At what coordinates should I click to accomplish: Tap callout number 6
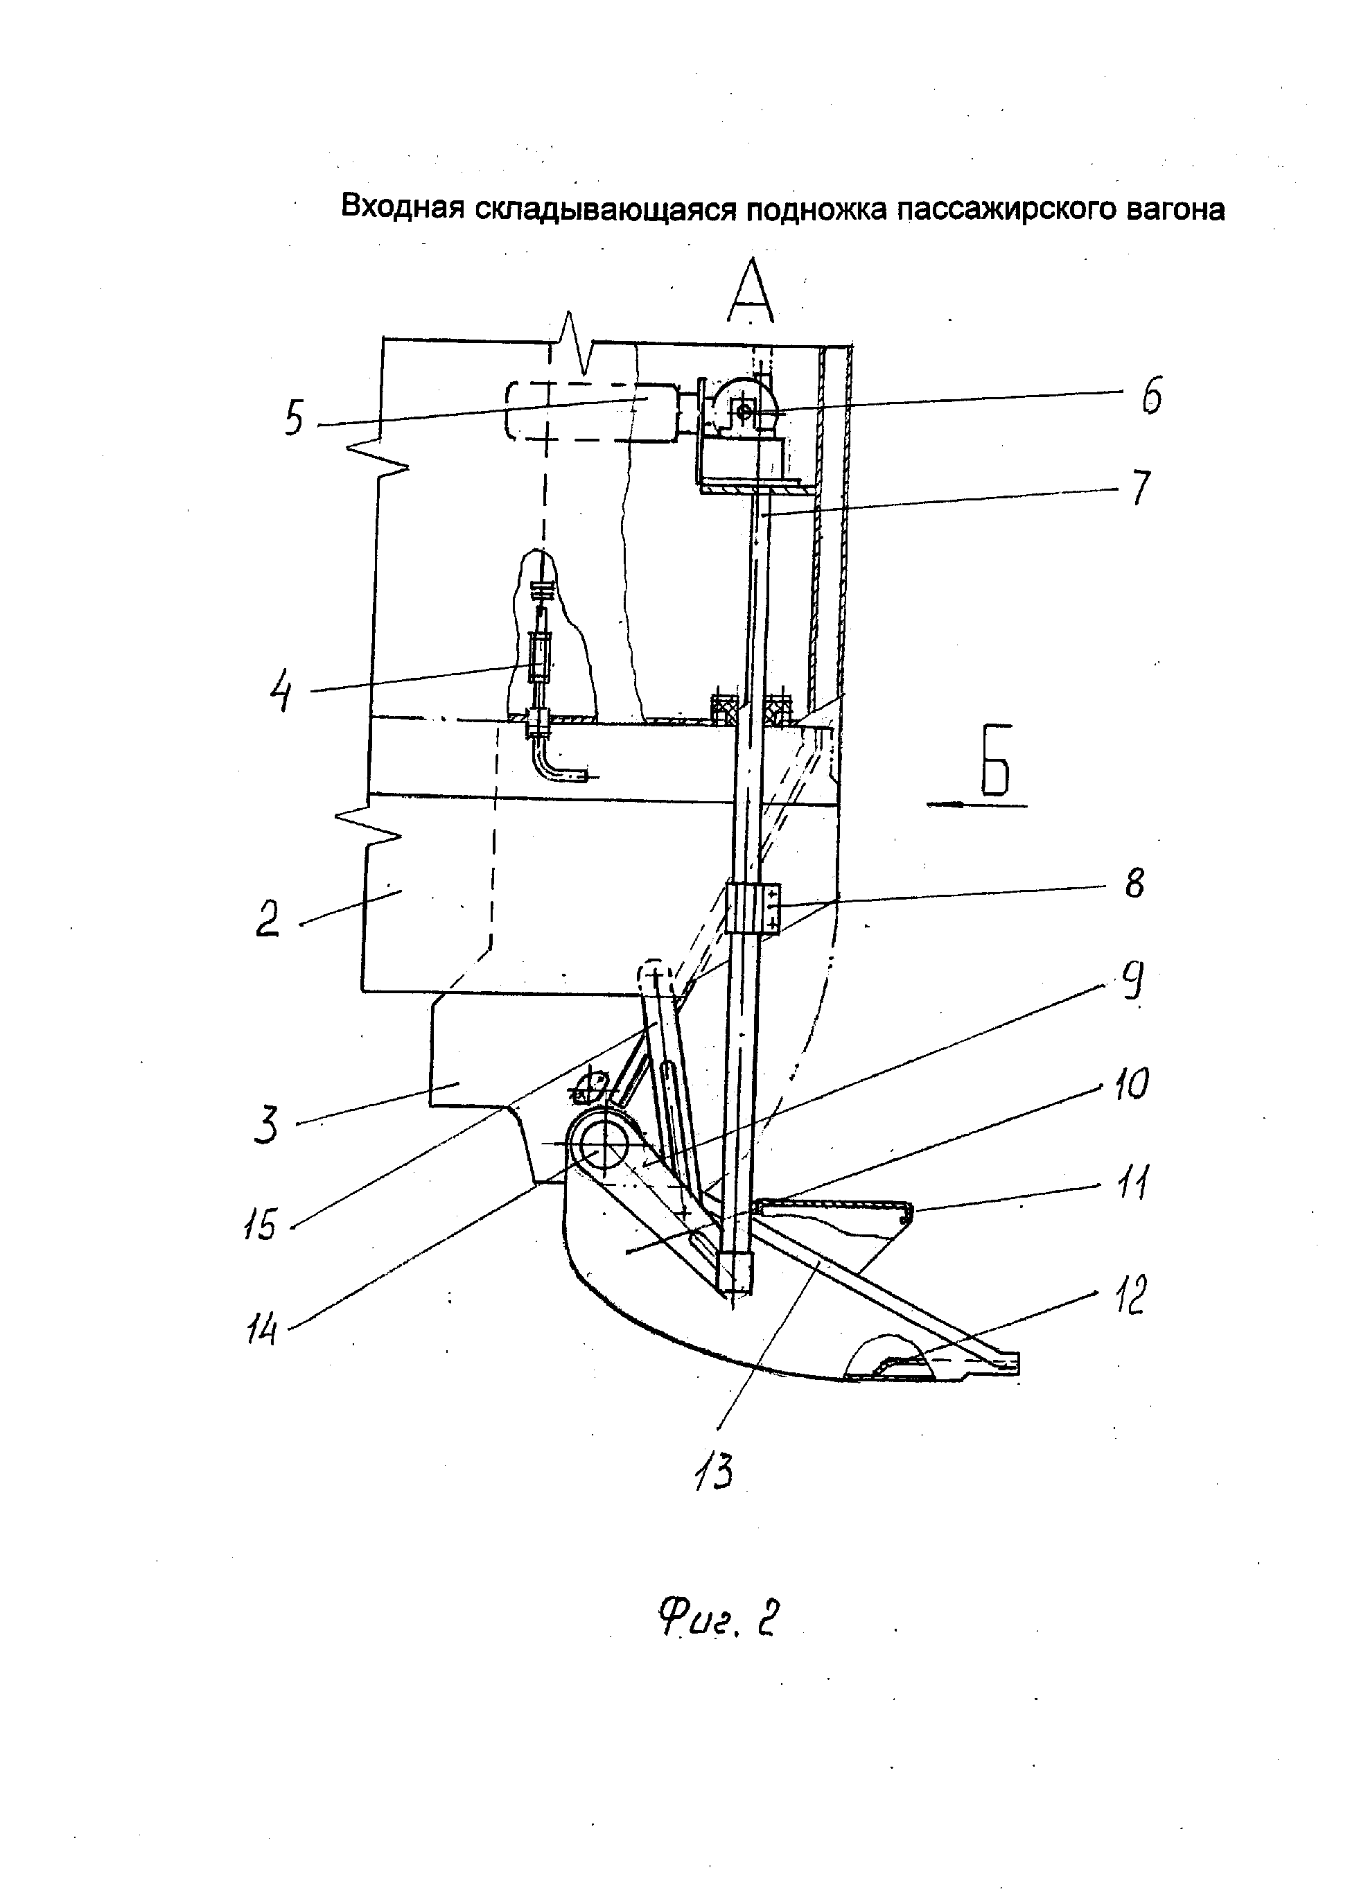(1150, 396)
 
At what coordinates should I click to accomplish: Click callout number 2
(267, 918)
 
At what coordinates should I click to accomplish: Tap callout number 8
(1134, 883)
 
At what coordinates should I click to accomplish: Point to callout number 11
(1132, 1182)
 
